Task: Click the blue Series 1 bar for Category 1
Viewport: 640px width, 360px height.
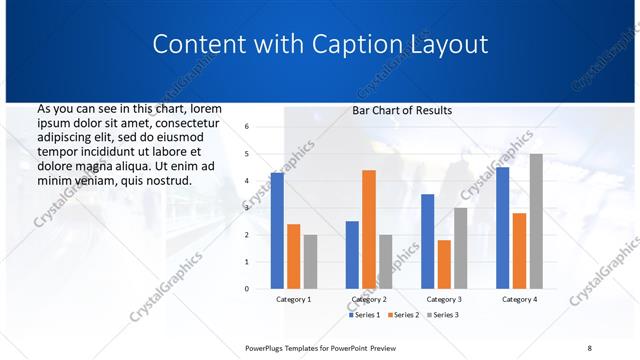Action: [277, 231]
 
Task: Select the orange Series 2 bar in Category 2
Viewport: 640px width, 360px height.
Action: [369, 229]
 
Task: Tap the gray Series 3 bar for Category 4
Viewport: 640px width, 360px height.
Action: [536, 221]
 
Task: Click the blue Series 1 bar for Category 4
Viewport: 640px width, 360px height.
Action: [502, 228]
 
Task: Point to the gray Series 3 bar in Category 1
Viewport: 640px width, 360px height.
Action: [310, 262]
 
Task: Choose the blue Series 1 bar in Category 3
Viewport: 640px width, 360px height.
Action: [427, 241]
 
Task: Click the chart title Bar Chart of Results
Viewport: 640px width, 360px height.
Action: [402, 111]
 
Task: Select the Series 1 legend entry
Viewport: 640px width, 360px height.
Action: [364, 315]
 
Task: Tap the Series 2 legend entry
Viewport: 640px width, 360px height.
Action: [402, 315]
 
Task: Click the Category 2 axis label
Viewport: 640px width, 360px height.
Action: [369, 299]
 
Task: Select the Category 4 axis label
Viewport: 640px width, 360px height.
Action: [519, 299]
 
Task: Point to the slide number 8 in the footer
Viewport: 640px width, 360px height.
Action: [589, 348]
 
